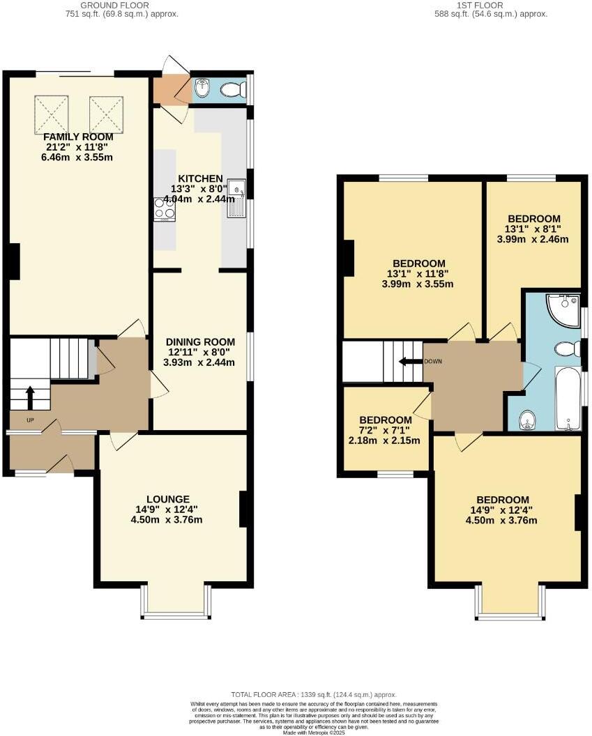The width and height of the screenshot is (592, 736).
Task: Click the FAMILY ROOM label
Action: coord(78,137)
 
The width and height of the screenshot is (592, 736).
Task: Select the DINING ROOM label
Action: coord(200,342)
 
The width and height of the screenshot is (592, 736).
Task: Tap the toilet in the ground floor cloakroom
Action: coord(233,89)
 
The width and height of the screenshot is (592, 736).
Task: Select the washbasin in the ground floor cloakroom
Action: coord(202,89)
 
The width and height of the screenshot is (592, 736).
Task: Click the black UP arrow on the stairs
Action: coord(30,399)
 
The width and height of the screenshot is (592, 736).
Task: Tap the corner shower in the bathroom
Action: coord(564,310)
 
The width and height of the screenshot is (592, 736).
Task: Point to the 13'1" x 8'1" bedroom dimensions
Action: coord(532,229)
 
